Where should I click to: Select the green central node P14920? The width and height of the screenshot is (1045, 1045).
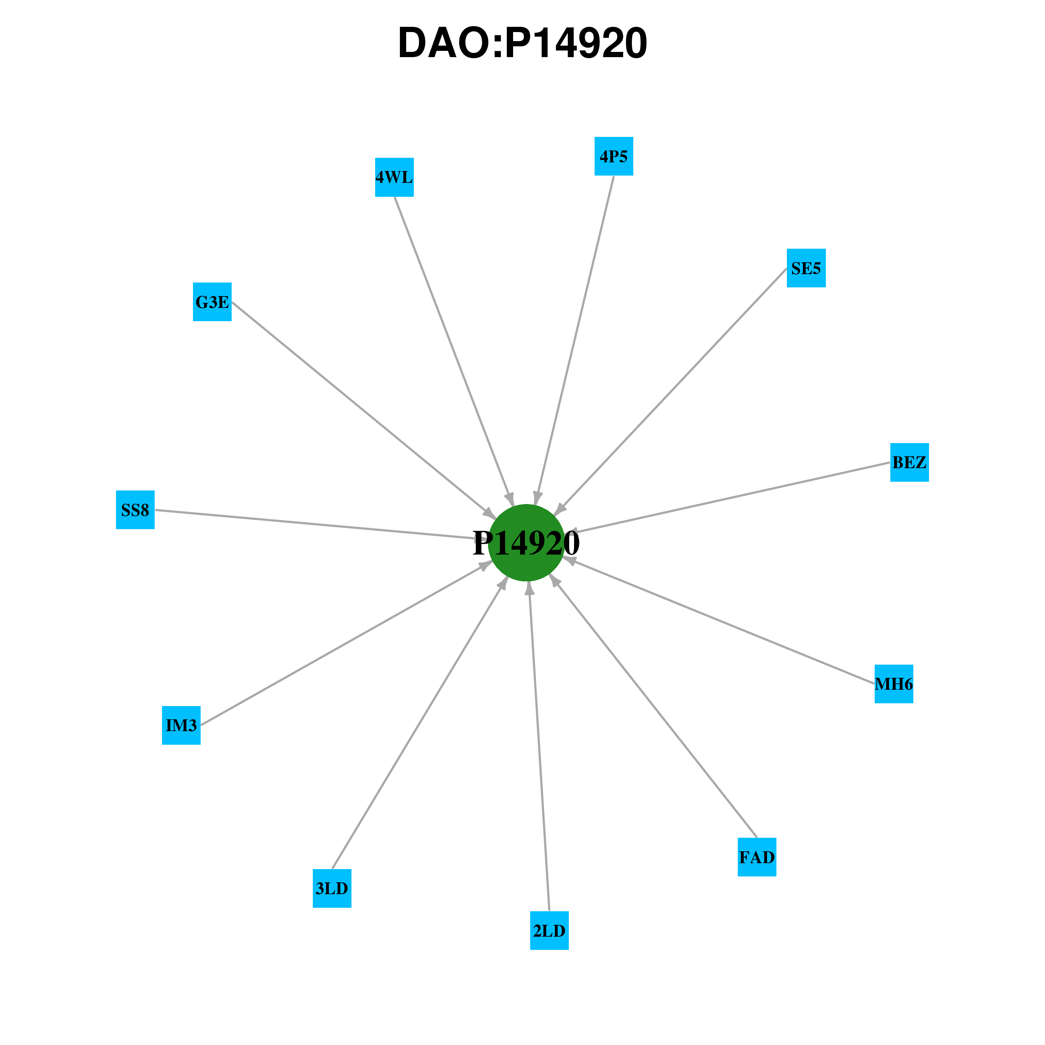coord(526,542)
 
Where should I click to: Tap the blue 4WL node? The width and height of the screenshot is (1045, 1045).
coord(394,177)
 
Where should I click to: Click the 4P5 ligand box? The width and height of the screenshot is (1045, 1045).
coord(614,156)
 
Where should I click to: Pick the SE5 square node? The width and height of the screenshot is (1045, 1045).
coord(806,268)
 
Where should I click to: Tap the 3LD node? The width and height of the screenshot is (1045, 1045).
coord(332,888)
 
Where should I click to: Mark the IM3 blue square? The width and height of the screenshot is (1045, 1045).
coord(181,725)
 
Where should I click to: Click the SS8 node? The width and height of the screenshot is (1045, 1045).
coord(135,510)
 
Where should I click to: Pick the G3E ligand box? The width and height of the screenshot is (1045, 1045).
coord(212,302)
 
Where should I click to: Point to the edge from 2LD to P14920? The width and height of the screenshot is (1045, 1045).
coord(539,746)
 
